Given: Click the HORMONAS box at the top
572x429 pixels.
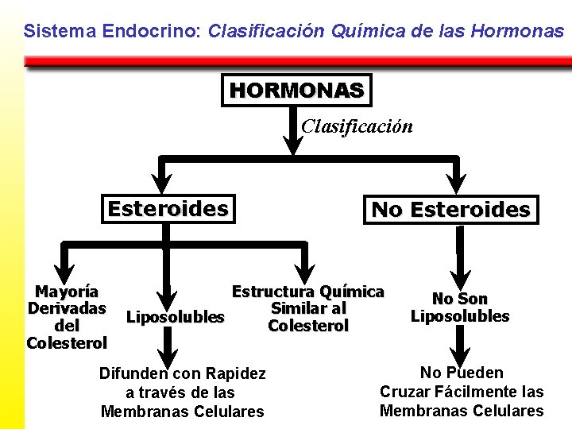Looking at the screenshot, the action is (296, 91).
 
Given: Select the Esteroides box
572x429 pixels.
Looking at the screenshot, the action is (168, 209).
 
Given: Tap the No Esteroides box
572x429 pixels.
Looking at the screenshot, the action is (450, 211).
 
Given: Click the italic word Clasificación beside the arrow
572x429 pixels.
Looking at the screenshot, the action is (357, 126).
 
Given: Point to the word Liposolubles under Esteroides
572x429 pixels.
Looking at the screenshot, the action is (176, 317).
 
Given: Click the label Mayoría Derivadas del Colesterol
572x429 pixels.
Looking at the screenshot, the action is (67, 317).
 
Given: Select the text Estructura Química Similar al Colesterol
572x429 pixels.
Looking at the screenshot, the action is (308, 308).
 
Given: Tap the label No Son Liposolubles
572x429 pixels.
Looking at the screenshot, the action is (460, 307).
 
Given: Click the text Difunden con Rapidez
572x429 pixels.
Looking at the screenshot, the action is (182, 373).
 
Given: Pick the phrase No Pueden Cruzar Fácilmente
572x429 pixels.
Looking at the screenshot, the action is (462, 382).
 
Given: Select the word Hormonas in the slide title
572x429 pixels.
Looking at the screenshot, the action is (517, 32).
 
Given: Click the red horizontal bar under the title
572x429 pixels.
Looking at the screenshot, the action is (297, 61).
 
